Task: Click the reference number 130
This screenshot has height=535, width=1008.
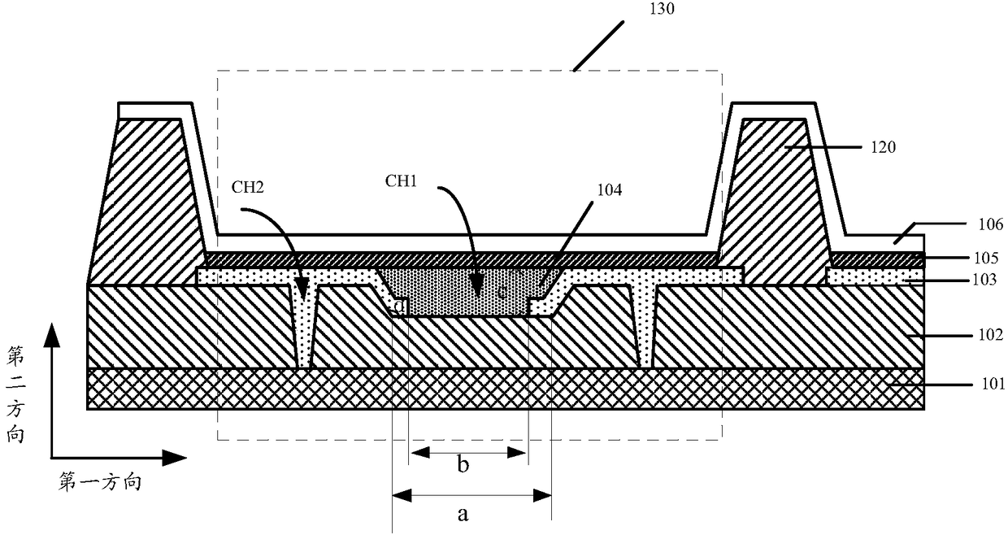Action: (x=662, y=9)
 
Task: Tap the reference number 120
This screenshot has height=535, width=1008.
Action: (x=884, y=147)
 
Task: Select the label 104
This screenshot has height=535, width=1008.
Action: (x=610, y=190)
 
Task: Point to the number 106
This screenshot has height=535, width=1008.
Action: (x=991, y=224)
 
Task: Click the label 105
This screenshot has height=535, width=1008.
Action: (x=986, y=258)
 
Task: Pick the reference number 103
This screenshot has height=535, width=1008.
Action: (x=985, y=280)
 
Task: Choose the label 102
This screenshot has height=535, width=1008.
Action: (x=991, y=335)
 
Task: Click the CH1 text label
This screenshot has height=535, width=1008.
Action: (x=401, y=181)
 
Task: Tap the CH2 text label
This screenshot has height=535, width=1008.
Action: (x=247, y=187)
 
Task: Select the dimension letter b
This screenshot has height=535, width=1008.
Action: (x=463, y=464)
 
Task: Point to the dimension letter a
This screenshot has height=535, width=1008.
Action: (x=463, y=513)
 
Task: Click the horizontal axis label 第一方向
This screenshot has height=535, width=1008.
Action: (x=100, y=482)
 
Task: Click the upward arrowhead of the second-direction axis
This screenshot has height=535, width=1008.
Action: (x=52, y=335)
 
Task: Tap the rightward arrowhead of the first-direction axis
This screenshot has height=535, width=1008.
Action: (x=174, y=458)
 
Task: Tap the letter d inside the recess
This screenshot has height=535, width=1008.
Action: (x=400, y=307)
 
